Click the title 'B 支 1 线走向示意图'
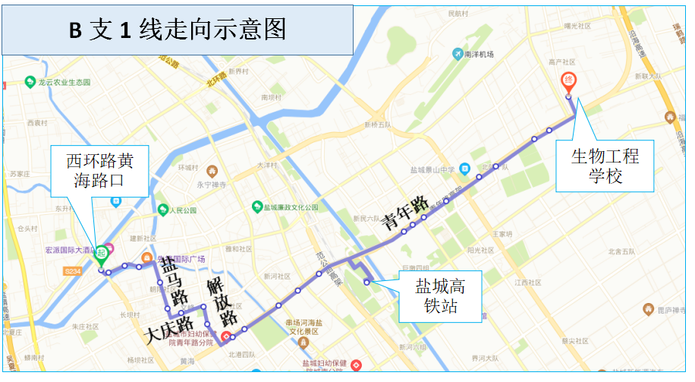pyautogui.click(x=178, y=30)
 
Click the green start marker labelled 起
pyautogui.click(x=100, y=253)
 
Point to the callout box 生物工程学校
pyautogui.click(x=605, y=166)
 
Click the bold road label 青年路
pyautogui.click(x=403, y=212)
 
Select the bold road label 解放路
pyautogui.click(x=222, y=301)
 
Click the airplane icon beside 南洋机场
pyautogui.click(x=457, y=54)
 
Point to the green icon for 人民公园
pyautogui.click(x=162, y=209)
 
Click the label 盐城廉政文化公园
pyautogui.click(x=296, y=207)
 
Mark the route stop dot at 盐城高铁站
pyautogui.click(x=366, y=283)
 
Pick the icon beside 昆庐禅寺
pyautogui.click(x=647, y=309)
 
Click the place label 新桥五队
pyautogui.click(x=377, y=124)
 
